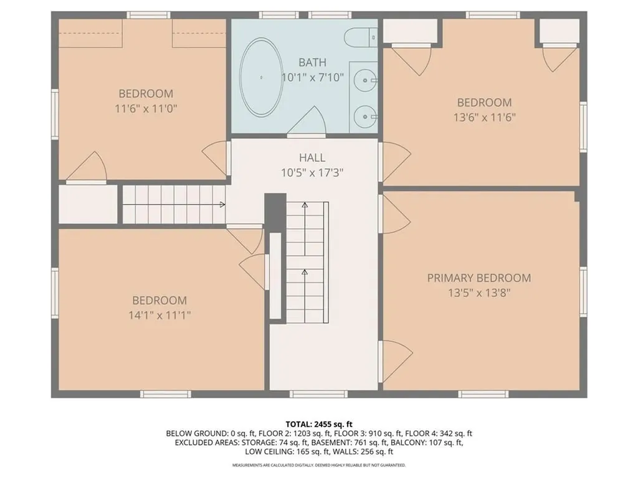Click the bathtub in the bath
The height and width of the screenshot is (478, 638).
pos(261,77)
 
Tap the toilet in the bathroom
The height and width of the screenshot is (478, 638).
pos(361,38)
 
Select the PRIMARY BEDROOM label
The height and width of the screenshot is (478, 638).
pos(479,278)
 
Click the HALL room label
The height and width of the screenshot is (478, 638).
pos(312,157)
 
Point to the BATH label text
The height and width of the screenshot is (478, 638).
pos(312,63)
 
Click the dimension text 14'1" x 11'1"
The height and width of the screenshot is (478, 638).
pos(159,315)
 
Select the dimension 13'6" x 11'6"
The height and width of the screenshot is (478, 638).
pos(485,118)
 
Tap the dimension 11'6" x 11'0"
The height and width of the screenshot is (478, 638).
pos(146,108)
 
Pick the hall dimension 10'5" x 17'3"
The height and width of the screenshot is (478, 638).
pos(312,173)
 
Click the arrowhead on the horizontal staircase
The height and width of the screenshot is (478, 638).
pos(222,204)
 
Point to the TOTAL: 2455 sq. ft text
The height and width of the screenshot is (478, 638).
pos(318,424)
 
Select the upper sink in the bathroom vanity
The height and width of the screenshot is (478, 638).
pos(364,80)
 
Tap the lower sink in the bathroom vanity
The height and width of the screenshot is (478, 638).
pos(364,117)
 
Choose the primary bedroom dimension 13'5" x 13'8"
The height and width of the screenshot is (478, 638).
pos(479,293)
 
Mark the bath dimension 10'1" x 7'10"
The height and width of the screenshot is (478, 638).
pos(313,77)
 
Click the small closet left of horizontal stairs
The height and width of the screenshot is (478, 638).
pos(88,204)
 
